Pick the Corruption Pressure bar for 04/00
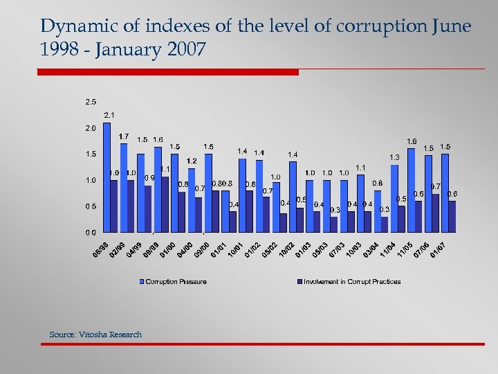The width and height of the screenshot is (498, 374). tap(192, 200)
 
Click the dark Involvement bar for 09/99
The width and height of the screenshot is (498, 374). tap(165, 204)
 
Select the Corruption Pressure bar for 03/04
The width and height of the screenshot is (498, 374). tap(378, 211)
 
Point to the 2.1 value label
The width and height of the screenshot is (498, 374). tap(109, 115)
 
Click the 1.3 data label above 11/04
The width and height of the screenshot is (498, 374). tap(394, 157)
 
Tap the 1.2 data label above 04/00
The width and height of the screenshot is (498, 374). tap(192, 161)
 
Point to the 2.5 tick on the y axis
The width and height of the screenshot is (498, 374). tap(91, 102)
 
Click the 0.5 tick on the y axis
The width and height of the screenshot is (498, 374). tap(91, 206)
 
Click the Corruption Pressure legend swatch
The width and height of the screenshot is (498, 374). tap(142, 281)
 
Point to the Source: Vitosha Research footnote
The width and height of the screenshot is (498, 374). tap(95, 335)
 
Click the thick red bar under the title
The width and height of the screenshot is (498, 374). tap(167, 71)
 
